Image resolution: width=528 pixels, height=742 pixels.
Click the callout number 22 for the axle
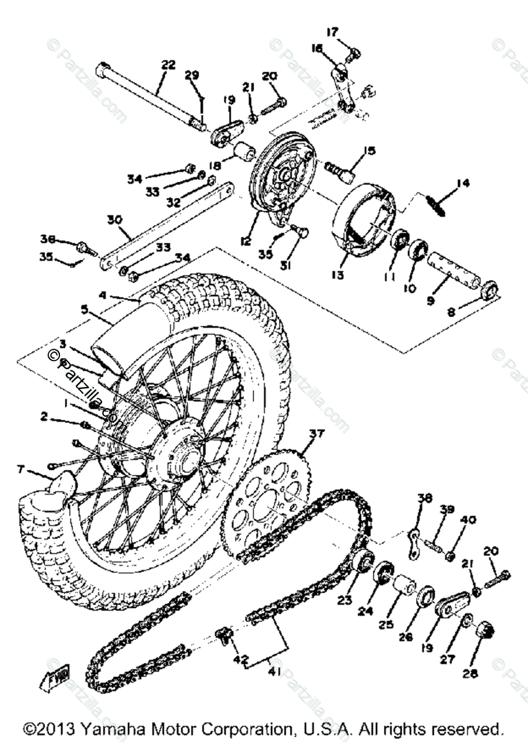(x=168, y=64)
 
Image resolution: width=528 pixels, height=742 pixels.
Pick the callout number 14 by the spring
(x=462, y=183)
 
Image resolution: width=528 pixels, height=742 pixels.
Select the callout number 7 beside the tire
(x=21, y=470)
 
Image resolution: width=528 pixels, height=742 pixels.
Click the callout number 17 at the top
(x=333, y=32)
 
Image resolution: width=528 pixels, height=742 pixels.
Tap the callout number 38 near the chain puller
(x=425, y=498)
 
